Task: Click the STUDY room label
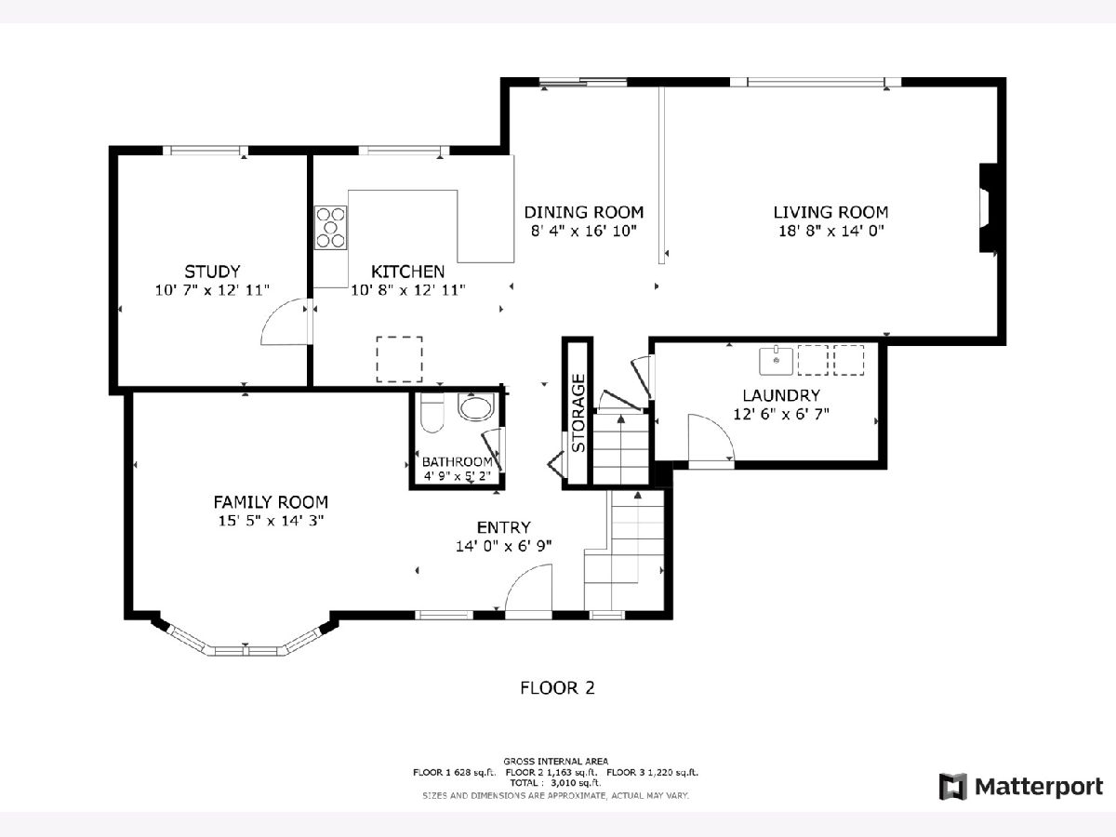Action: [212, 272]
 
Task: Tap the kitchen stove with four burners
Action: [330, 228]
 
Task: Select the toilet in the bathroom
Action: [432, 413]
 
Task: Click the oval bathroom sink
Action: [476, 407]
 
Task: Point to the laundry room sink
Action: [776, 360]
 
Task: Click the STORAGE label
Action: [578, 413]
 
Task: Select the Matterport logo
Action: [1021, 787]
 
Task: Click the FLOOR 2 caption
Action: [557, 688]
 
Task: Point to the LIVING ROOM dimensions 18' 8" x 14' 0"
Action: [831, 232]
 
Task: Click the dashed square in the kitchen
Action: [399, 359]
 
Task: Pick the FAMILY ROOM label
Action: [271, 502]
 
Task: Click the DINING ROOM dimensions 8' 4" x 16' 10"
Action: [584, 232]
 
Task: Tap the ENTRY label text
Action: [504, 527]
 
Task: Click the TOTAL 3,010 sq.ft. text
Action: [555, 783]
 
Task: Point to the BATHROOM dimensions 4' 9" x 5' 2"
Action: [457, 476]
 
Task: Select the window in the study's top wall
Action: [206, 151]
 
